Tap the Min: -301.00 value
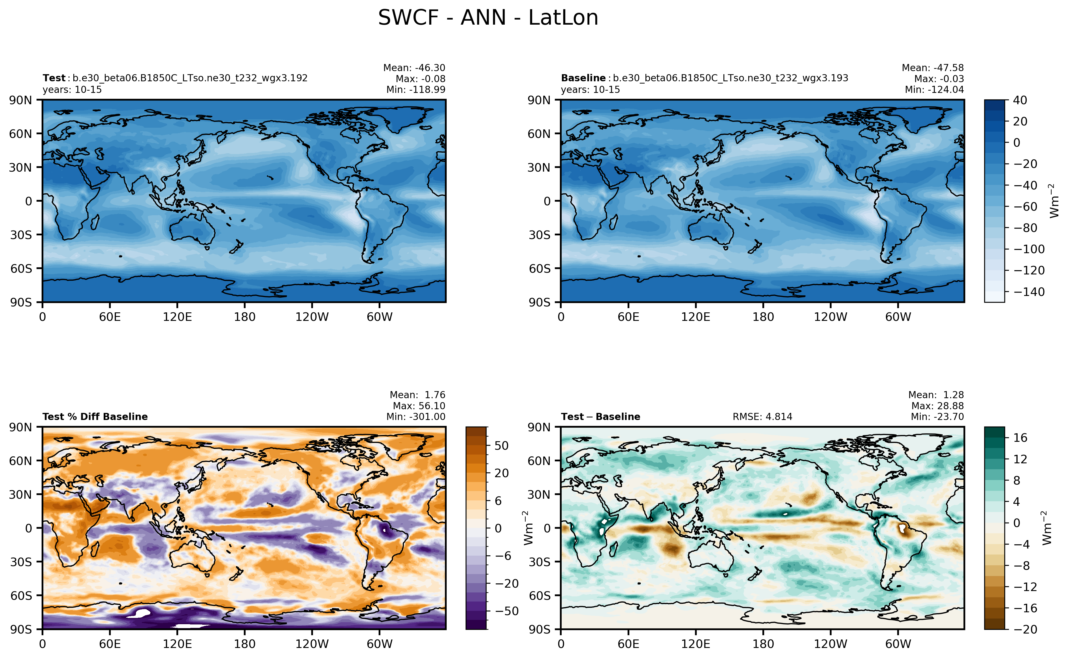click(x=415, y=417)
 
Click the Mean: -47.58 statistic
click(x=932, y=68)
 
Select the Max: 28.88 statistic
click(x=937, y=406)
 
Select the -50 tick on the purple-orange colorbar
click(x=506, y=611)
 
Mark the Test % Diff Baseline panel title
click(x=95, y=417)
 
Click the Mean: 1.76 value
click(x=417, y=395)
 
